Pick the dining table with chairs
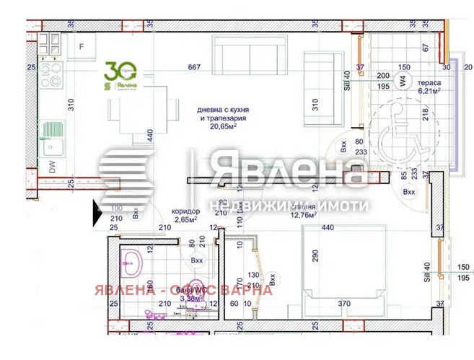tap(144, 113)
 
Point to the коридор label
tap(185, 211)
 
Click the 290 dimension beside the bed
tap(314, 256)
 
